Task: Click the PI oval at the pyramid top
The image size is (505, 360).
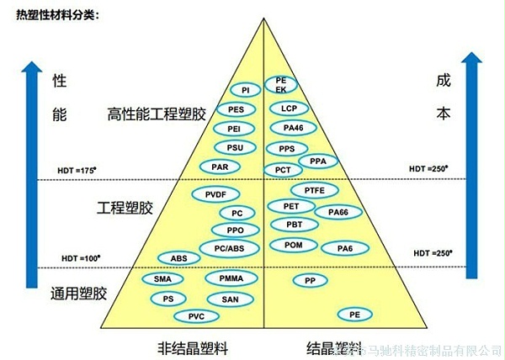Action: tap(245, 89)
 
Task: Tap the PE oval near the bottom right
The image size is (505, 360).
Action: tap(356, 314)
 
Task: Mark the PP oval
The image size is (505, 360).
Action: tap(311, 279)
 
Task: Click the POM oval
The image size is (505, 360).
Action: tap(294, 245)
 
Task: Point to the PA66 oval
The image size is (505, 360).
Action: tap(338, 212)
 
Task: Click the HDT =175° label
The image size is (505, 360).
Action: tap(75, 171)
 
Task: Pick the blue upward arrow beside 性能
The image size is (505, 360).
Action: tap(32, 168)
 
